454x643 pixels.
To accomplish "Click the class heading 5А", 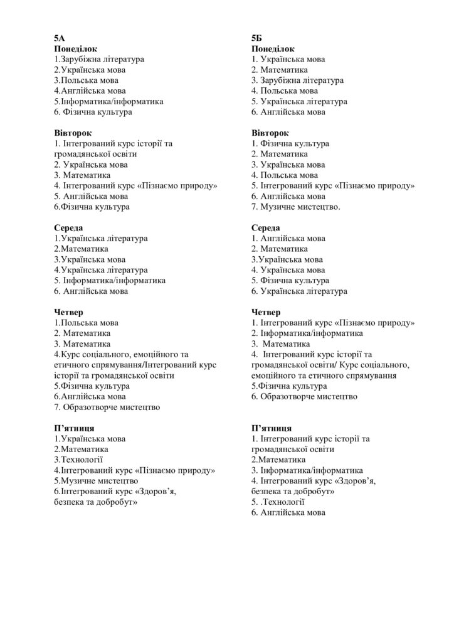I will point(59,38).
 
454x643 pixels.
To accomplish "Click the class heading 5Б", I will point(256,38).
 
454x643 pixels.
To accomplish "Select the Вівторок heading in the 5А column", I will point(73,132).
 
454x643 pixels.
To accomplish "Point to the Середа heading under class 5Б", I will point(266,227).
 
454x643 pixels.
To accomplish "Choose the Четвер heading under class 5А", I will point(69,312).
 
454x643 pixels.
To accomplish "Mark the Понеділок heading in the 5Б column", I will point(273,48).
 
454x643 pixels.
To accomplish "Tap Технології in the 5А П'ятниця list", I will point(81,460).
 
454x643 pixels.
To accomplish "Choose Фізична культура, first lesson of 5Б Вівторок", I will point(294,143).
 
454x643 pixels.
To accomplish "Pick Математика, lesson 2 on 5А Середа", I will point(83,249).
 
